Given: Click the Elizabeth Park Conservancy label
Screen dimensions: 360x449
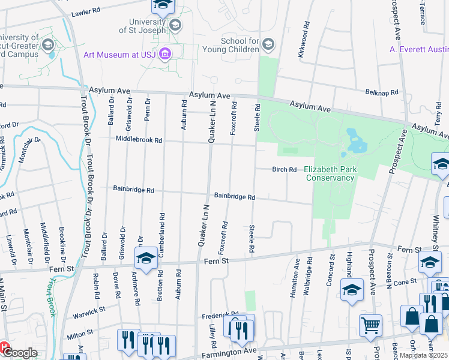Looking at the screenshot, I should [x=330, y=173].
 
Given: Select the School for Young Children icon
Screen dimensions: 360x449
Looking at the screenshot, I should [x=268, y=44].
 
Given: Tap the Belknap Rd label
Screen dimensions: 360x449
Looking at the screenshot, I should [x=382, y=92].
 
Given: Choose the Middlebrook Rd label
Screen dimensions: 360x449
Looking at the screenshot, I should [x=139, y=140].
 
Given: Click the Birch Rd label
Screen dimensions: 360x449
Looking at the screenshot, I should [x=285, y=170].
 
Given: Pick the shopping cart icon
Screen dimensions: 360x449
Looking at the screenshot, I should [x=370, y=326].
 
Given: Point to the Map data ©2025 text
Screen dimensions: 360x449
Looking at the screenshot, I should [x=423, y=355].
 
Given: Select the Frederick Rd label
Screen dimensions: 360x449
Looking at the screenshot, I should [x=220, y=314].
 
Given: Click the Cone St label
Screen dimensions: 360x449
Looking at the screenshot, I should [x=405, y=281].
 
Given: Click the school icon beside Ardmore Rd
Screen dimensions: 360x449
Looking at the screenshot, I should [x=145, y=258].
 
